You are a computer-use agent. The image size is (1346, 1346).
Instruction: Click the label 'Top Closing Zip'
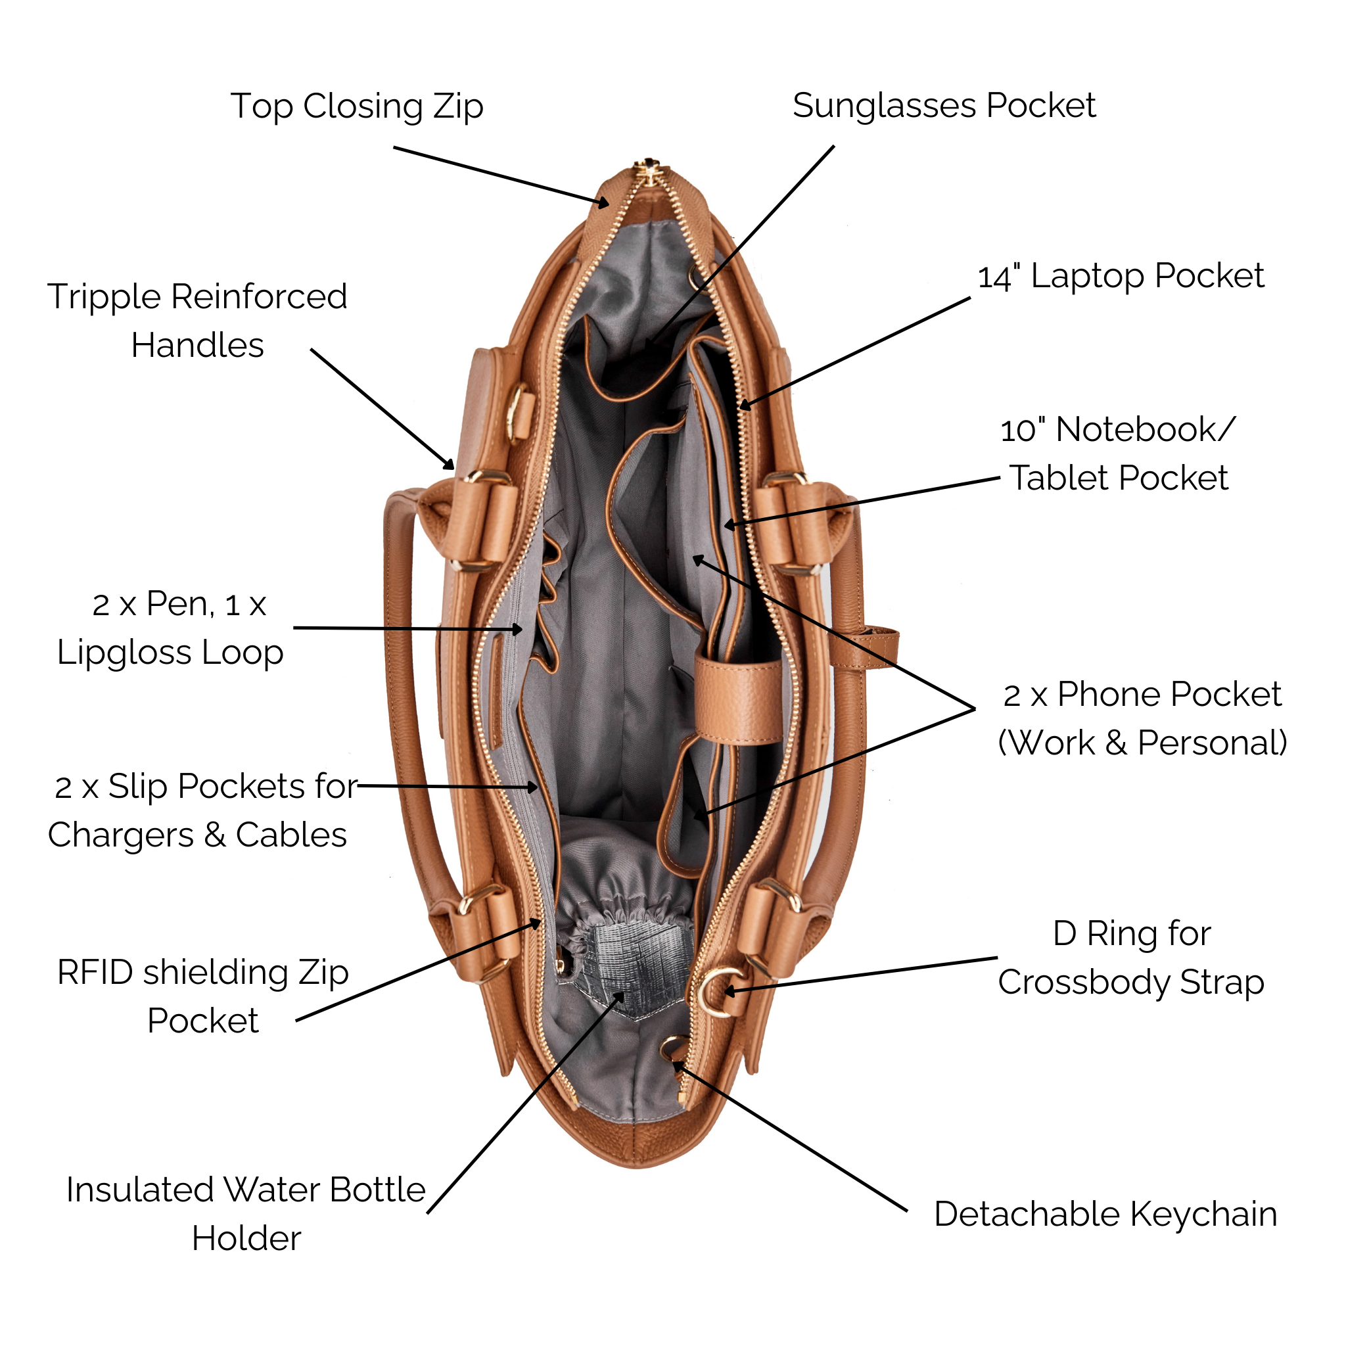356,106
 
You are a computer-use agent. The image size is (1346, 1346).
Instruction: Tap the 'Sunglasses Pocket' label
943,106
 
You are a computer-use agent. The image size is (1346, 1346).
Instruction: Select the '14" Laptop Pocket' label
1121,277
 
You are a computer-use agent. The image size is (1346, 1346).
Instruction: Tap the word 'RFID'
95,973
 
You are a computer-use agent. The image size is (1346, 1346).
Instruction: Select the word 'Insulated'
139,1191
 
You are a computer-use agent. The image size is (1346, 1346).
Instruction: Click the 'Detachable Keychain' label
1105,1215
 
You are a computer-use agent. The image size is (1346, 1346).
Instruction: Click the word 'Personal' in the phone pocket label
1211,743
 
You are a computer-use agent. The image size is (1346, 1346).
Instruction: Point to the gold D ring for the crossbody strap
718,991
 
